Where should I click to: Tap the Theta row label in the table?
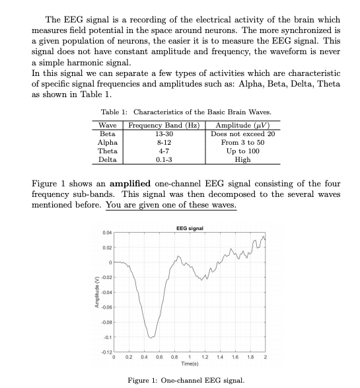click(x=107, y=151)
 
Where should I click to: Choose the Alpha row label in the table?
click(x=107, y=142)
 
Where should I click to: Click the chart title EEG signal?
click(x=190, y=227)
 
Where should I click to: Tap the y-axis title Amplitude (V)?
click(x=96, y=291)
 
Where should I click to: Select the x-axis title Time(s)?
click(x=190, y=364)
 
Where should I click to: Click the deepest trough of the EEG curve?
click(x=151, y=337)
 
